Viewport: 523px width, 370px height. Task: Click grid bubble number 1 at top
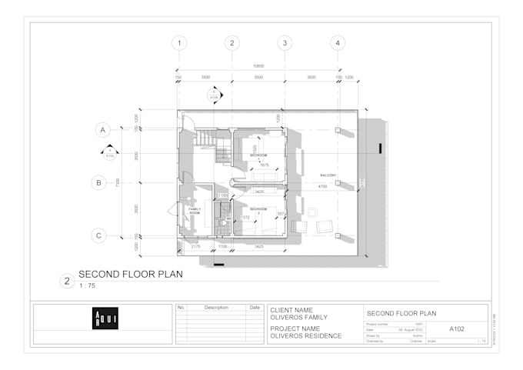click(x=179, y=43)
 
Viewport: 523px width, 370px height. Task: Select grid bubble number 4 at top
click(x=337, y=43)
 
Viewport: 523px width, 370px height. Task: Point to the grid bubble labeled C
click(x=99, y=235)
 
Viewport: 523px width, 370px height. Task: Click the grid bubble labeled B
click(x=99, y=182)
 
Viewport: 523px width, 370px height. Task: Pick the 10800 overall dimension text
click(x=258, y=66)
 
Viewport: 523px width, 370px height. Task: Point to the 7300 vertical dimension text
click(x=118, y=182)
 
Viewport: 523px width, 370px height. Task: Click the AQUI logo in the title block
click(x=105, y=318)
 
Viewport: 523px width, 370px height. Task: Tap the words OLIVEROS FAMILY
click(x=299, y=317)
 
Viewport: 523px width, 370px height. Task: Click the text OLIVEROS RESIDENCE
click(x=305, y=335)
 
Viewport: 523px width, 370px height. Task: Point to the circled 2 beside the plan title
click(x=67, y=280)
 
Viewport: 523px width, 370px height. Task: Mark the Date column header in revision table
click(x=255, y=307)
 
